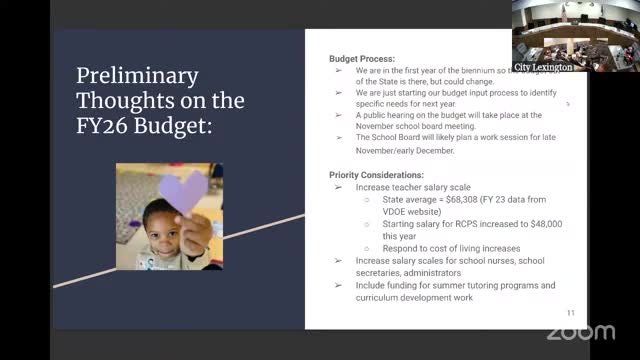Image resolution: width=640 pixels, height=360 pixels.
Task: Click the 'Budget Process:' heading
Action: click(362, 59)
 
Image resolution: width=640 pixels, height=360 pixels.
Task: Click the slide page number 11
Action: click(571, 313)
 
